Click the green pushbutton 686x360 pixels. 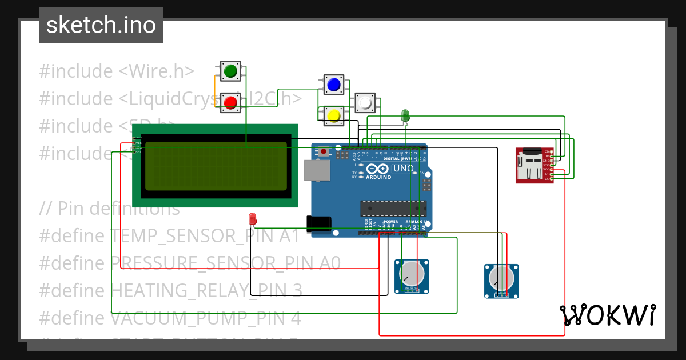230,71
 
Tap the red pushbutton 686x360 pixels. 230,102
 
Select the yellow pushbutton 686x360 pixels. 333,116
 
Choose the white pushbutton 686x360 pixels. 365,103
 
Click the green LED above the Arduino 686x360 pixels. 405,115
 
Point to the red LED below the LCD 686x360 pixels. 253,218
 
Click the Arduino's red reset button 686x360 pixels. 324,152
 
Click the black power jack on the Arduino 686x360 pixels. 318,224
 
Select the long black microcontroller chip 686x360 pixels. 393,209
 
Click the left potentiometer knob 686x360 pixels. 412,275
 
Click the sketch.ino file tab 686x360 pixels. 101,25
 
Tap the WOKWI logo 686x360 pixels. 607,315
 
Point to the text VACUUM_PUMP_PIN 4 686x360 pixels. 205,318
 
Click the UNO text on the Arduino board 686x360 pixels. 404,169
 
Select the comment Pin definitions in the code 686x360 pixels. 118,209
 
